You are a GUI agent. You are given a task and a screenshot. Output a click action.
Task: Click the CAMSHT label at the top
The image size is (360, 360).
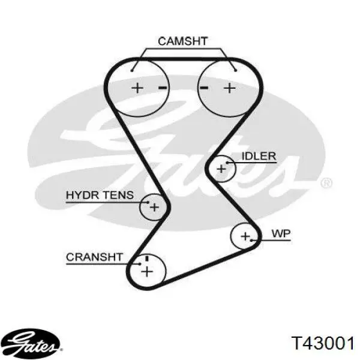[183, 41]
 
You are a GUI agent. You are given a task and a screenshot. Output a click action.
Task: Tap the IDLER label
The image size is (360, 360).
[259, 156]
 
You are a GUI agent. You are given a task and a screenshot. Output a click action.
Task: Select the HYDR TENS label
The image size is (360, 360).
[100, 195]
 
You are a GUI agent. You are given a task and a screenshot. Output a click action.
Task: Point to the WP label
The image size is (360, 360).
[281, 234]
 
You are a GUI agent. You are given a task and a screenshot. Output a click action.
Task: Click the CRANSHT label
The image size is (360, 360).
[94, 257]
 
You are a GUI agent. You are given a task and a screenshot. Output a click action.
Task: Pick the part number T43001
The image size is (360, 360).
[323, 343]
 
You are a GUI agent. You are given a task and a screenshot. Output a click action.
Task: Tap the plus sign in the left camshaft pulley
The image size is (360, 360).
[137, 88]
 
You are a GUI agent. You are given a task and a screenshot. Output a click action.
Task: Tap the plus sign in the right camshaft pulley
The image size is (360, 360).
[230, 88]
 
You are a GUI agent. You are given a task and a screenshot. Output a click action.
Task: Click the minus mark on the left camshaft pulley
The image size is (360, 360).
[163, 88]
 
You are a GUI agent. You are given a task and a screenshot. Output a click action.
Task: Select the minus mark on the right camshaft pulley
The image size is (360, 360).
[204, 88]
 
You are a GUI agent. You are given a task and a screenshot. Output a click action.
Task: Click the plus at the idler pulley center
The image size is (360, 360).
[221, 169]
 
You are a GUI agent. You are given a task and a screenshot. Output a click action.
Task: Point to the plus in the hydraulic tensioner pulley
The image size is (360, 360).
[154, 208]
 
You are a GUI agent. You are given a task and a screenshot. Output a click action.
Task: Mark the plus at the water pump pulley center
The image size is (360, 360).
[245, 236]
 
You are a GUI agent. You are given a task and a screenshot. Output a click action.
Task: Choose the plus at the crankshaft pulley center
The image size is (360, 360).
[147, 272]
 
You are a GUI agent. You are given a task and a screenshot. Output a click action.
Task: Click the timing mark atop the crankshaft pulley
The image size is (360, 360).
[147, 259]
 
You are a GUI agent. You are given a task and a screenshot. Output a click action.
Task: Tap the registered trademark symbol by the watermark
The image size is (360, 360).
[326, 183]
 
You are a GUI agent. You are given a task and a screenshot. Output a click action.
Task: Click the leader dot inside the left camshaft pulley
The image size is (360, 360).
[132, 70]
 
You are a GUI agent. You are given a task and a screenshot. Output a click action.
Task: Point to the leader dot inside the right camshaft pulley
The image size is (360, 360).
[236, 70]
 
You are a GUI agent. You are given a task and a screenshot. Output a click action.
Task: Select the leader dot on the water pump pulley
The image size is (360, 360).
[251, 241]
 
